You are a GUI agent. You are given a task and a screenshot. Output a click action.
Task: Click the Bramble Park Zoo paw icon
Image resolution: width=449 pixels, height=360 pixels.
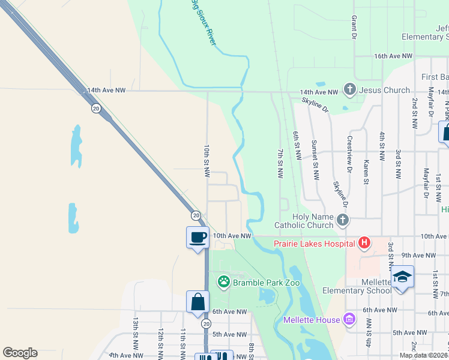pyautogui.click(x=224, y=281)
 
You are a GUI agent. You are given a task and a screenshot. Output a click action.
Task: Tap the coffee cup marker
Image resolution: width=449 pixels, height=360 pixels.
pyautogui.click(x=197, y=238)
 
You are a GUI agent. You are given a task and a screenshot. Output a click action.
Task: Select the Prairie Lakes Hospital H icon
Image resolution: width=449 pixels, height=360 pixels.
pyautogui.click(x=363, y=243)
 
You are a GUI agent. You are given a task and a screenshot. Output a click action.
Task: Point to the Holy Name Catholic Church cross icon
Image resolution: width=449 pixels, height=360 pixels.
pyautogui.click(x=342, y=220)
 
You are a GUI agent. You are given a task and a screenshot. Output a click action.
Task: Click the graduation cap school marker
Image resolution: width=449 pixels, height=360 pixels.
pyautogui.click(x=403, y=277)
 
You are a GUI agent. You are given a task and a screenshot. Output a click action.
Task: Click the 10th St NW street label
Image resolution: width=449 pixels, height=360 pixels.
pyautogui.click(x=206, y=161)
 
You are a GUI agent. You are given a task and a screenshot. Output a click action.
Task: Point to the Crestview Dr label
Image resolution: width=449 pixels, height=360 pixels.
pyautogui.click(x=349, y=154)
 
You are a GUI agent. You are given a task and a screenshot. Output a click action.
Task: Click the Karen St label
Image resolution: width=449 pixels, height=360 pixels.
pyautogui.click(x=366, y=171)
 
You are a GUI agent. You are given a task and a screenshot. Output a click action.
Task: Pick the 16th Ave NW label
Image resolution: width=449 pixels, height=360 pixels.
pyautogui.click(x=393, y=56)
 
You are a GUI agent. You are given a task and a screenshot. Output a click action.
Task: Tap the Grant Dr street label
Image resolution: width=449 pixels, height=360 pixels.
pyautogui.click(x=354, y=28)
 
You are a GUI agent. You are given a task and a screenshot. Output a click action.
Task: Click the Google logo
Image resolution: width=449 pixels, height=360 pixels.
pyautogui.click(x=20, y=353)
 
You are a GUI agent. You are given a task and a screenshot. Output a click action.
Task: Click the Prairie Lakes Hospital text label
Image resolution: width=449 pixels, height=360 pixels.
pyautogui.click(x=314, y=243)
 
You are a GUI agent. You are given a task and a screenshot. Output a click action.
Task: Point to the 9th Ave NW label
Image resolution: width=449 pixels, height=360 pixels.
pyautogui.click(x=418, y=255)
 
